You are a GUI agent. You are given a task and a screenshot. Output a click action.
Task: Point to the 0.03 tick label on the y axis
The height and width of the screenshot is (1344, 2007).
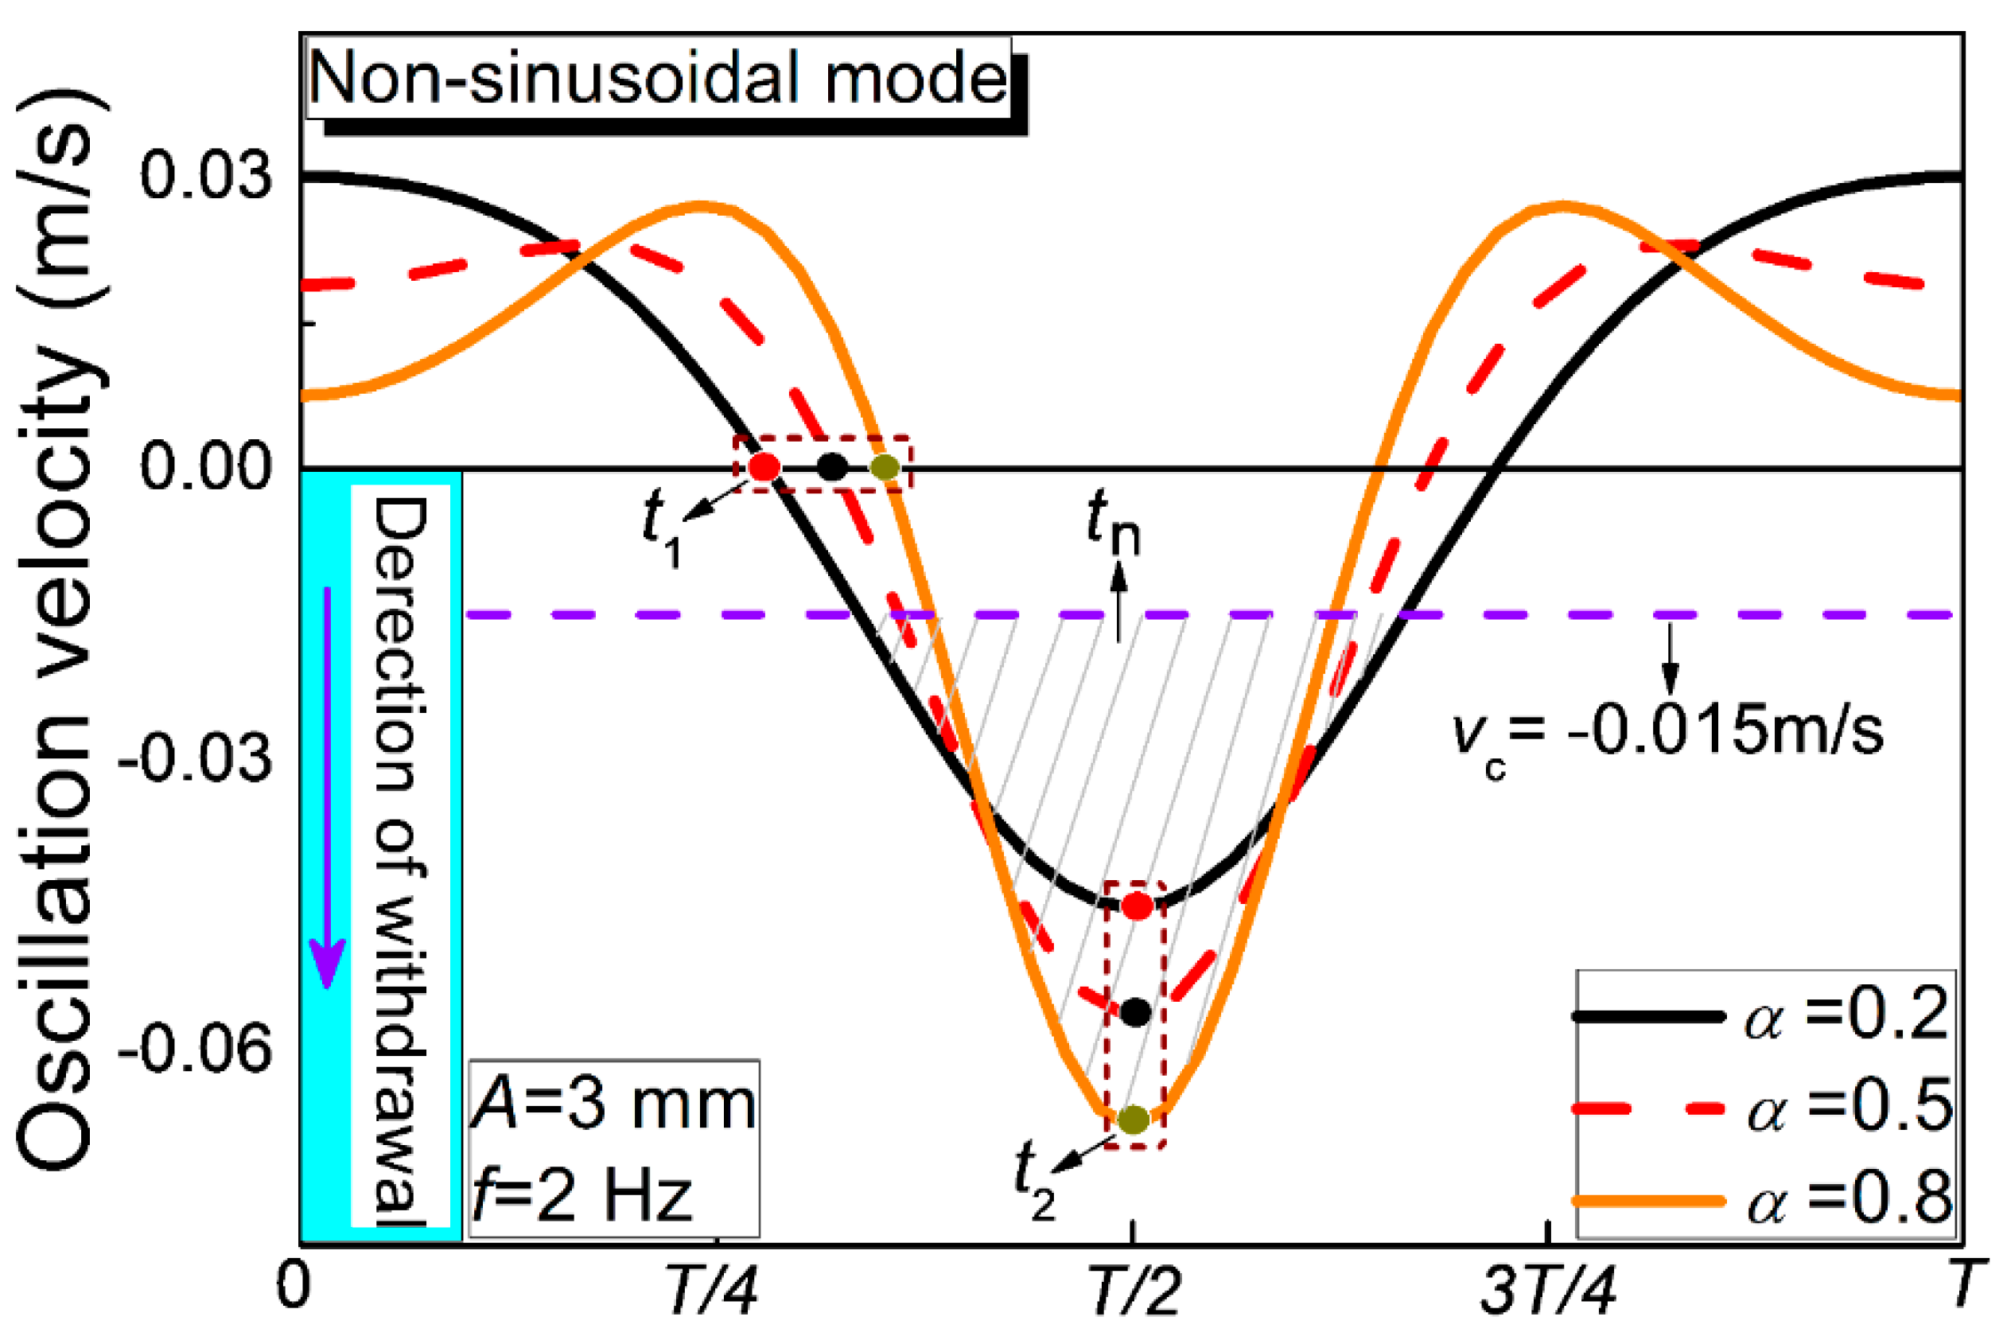point(206,176)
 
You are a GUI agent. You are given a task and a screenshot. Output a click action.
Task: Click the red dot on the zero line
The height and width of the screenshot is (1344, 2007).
point(764,467)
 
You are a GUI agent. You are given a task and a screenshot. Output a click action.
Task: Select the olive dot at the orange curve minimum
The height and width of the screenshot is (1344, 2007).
point(1134,1120)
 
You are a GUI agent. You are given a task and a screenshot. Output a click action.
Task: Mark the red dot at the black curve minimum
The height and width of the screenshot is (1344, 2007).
point(1138,906)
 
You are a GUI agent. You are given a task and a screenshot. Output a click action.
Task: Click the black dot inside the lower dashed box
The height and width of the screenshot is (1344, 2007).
point(1135,1012)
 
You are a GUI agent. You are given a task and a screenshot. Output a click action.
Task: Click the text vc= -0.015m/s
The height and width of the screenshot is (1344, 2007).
point(1667,734)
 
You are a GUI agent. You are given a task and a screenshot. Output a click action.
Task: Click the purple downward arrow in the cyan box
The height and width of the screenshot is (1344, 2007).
point(326,789)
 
